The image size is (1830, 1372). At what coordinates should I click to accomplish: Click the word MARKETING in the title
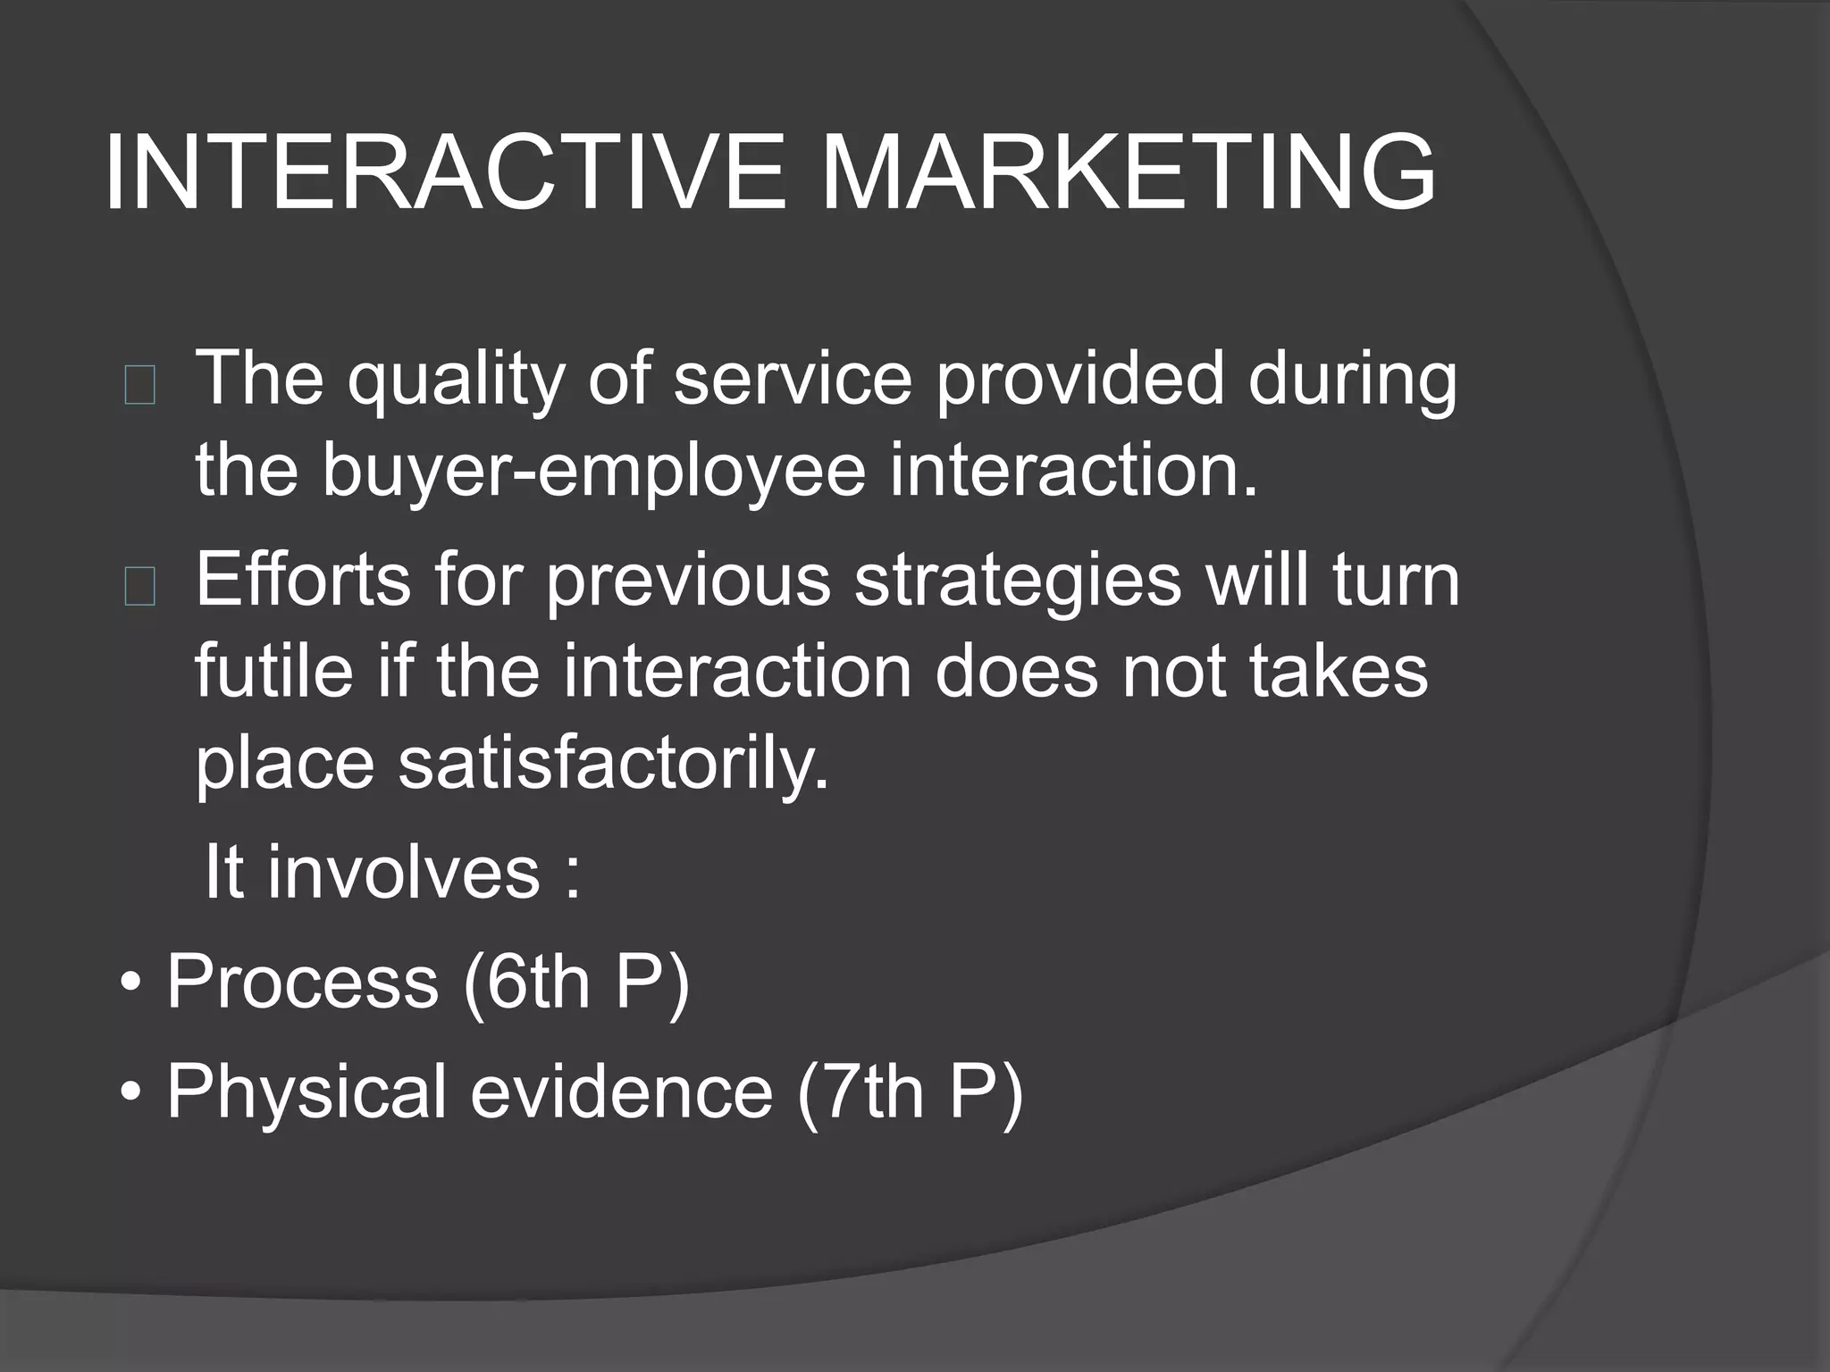click(1128, 172)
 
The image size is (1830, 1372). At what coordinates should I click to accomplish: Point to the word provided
click(1079, 380)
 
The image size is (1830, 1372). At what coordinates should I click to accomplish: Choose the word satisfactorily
click(614, 765)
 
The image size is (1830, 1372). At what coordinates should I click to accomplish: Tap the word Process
click(302, 982)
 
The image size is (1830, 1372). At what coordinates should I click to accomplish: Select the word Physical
click(306, 1092)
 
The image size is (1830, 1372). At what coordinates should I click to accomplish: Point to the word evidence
click(621, 1092)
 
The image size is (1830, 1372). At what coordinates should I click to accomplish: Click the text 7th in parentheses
click(871, 1092)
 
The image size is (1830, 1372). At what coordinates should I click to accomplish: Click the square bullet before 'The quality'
click(140, 386)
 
